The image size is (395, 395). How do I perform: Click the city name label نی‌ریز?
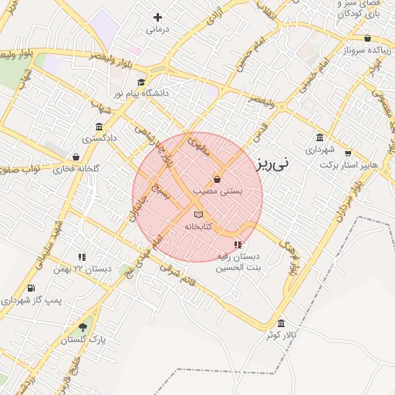tap(272, 163)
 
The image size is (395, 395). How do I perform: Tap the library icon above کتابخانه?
tap(198, 214)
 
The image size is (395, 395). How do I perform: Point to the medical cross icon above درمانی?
tap(157, 17)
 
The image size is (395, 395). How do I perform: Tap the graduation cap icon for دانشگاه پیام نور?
tap(140, 82)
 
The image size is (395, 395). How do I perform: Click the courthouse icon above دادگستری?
tap(98, 127)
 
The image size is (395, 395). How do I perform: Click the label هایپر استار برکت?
tap(349, 165)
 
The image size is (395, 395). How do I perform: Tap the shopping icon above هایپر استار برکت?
tap(348, 153)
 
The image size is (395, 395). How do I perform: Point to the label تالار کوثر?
tap(283, 335)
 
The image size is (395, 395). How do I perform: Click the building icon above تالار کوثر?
tap(281, 322)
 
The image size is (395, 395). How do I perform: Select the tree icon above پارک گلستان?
tap(83, 327)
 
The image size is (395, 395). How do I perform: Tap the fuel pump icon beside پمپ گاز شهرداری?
tap(30, 289)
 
